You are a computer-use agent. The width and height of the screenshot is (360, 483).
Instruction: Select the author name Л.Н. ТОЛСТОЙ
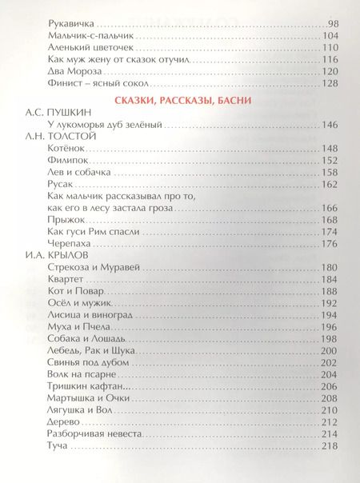53,137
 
